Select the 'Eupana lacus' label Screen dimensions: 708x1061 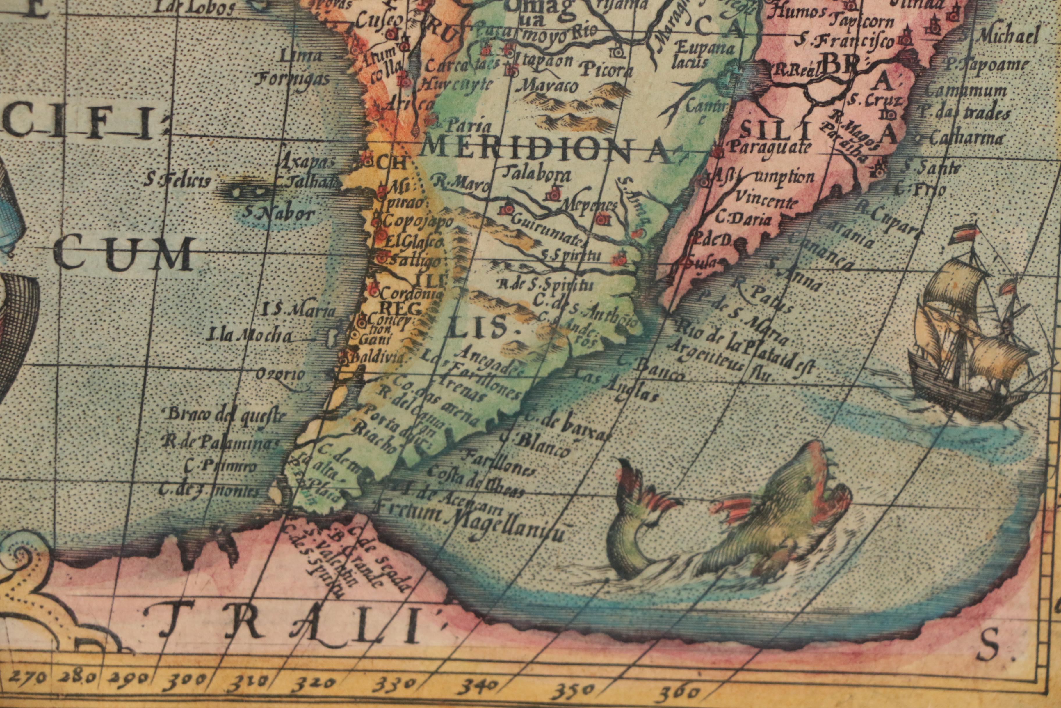click(x=706, y=54)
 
